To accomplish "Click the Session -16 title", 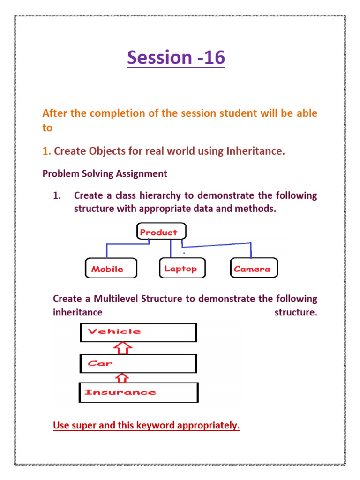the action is pyautogui.click(x=176, y=58).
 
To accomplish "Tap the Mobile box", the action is pyautogui.click(x=111, y=269).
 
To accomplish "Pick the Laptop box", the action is pyautogui.click(x=180, y=269).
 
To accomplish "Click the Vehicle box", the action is pyautogui.click(x=138, y=332).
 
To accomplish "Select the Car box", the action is pyautogui.click(x=138, y=363).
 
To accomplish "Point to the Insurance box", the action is pyautogui.click(x=138, y=392).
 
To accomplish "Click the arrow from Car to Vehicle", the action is pyautogui.click(x=123, y=348).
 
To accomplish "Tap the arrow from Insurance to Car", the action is pyautogui.click(x=122, y=377).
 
